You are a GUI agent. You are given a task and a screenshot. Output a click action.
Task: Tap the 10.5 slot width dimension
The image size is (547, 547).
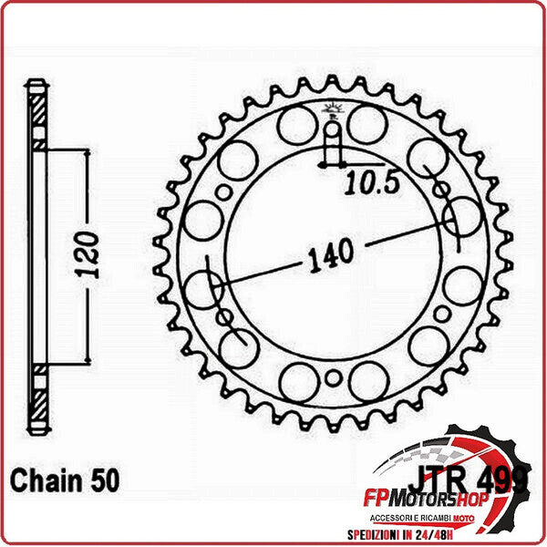point(373,184)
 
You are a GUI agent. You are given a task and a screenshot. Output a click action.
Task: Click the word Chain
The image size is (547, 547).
point(44,480)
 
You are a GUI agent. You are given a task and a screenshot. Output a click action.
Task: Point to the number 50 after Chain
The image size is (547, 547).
point(102,480)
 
